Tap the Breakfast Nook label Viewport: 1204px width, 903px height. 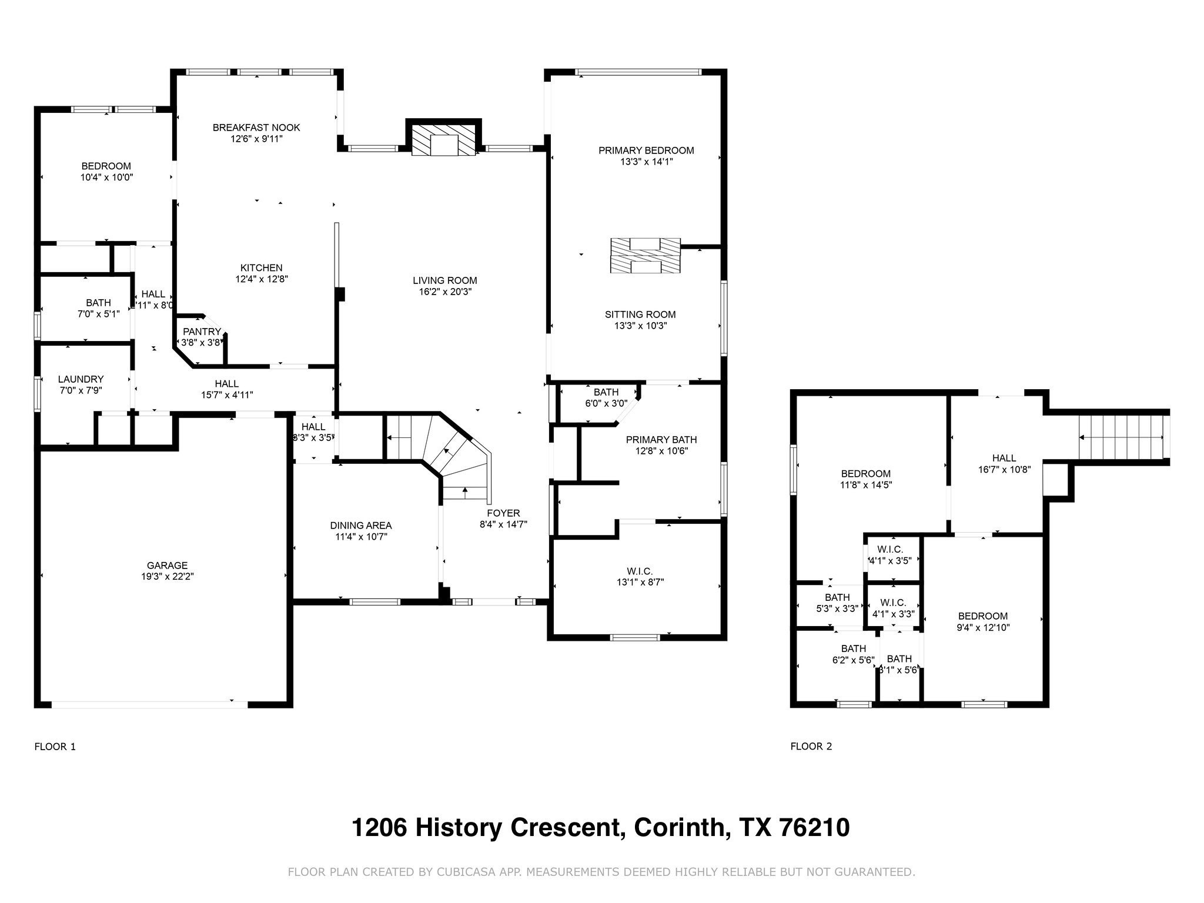(x=256, y=128)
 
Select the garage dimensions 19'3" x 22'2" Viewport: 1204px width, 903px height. (x=168, y=577)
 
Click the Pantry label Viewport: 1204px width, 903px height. (x=202, y=332)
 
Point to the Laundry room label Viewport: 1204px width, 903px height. (x=81, y=379)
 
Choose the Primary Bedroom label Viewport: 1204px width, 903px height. (x=646, y=150)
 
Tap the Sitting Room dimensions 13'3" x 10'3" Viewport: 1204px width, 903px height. (x=640, y=326)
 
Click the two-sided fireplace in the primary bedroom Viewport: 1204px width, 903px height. (x=646, y=256)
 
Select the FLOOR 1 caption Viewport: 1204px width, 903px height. (x=55, y=747)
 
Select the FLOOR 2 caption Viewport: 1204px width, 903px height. (x=811, y=747)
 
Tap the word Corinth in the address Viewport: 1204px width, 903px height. (x=678, y=828)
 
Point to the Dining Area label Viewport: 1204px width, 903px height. (x=360, y=526)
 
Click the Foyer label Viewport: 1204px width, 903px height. (x=503, y=513)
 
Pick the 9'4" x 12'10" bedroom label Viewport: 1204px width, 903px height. (x=983, y=616)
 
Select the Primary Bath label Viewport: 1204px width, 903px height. (x=661, y=440)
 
